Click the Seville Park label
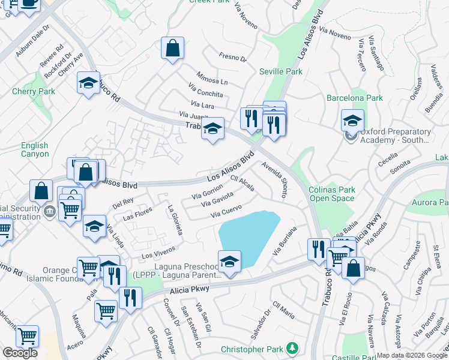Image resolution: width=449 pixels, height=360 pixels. (280, 71)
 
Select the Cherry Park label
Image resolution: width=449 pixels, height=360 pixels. (34, 91)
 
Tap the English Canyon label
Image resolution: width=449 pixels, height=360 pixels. (34, 149)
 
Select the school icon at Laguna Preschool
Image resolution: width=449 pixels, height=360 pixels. (228, 262)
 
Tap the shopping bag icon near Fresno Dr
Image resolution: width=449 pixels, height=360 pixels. (172, 49)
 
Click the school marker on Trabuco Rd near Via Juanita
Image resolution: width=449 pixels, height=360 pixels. (212, 128)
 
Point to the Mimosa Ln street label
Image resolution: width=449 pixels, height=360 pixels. (212, 78)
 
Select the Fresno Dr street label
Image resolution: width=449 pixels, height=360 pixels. (234, 58)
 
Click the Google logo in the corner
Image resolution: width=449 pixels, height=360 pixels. (20, 353)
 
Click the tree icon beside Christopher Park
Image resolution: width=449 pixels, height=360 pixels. (292, 348)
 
